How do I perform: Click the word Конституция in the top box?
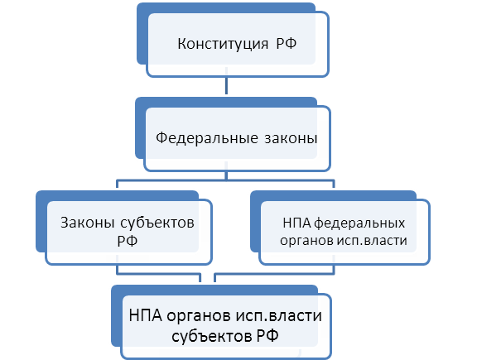point(223,44)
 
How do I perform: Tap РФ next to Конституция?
point(287,43)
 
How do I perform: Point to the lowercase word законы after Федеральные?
point(291,138)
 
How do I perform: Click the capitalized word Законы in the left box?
point(87,223)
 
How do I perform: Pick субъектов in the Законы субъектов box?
point(157,223)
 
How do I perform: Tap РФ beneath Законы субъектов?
point(128,241)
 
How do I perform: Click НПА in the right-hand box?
point(296,223)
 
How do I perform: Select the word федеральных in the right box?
point(359,223)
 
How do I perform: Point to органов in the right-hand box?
point(306,241)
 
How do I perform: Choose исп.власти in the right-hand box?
point(372,241)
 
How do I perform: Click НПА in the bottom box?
point(145,315)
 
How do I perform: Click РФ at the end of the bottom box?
point(267,336)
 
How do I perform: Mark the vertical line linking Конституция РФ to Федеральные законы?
point(226,81)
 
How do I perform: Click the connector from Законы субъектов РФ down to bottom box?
point(158,274)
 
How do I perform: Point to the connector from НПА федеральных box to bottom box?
point(274,274)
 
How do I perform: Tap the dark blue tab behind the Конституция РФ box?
point(142,33)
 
